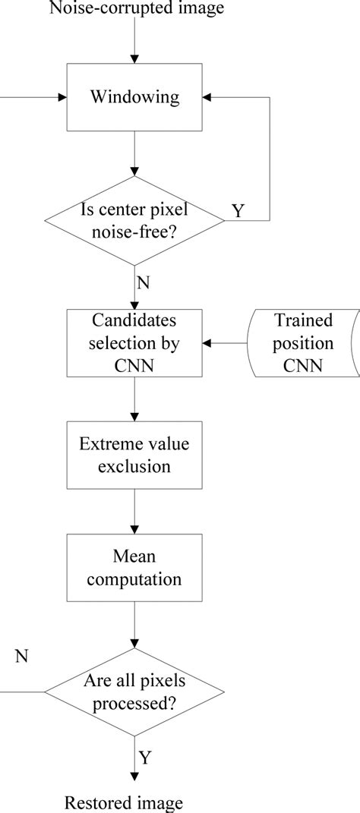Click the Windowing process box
[134, 98]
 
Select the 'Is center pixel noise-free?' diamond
[134, 221]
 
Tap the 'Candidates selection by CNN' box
[134, 332]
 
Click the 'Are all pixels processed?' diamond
[134, 692]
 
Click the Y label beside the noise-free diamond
[238, 210]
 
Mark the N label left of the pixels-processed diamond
[21, 655]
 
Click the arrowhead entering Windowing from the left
[60, 98]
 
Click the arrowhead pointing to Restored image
[134, 774]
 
